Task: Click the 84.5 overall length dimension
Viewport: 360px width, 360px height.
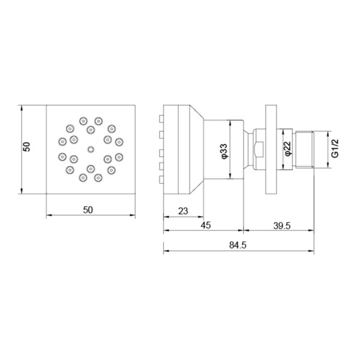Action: [238, 245]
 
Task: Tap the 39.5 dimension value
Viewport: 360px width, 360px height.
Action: [282, 226]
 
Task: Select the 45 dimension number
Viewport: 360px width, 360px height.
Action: [206, 225]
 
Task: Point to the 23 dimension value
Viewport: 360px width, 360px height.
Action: [183, 211]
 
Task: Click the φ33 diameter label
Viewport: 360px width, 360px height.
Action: [224, 151]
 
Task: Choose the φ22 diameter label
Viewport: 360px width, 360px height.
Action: [287, 149]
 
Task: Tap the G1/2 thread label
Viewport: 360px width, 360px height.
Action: [335, 149]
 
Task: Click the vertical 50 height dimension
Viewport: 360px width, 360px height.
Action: [26, 147]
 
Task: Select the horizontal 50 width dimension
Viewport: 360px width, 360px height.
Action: [88, 210]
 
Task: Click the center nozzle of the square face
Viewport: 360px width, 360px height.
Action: [91, 149]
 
